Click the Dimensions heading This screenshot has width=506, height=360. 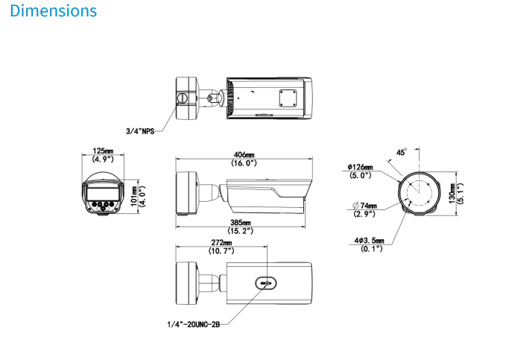point(54,12)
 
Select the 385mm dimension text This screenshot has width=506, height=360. point(241,223)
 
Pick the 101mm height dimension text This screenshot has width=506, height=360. point(133,195)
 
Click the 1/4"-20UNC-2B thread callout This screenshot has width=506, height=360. point(194,324)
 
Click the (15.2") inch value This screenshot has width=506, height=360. point(241,231)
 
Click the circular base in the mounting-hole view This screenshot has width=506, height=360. point(417,194)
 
